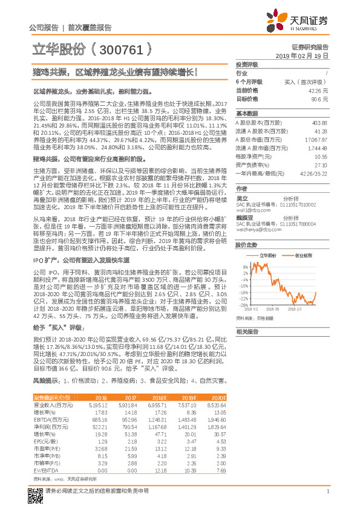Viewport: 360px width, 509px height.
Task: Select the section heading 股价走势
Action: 246,245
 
